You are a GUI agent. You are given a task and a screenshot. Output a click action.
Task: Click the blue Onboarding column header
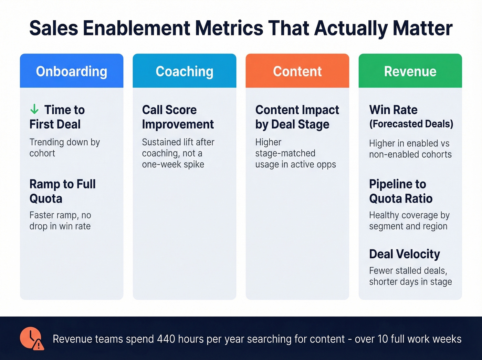click(72, 71)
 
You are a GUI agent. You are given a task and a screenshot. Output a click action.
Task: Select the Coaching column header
click(185, 71)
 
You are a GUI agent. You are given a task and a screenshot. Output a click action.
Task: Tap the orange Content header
click(297, 71)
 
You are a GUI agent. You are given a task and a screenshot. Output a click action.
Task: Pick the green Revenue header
click(410, 71)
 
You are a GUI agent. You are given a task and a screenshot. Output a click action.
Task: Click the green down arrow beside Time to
click(34, 110)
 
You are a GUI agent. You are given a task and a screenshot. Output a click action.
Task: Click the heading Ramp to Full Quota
click(62, 191)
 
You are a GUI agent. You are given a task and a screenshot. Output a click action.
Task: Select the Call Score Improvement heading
click(178, 117)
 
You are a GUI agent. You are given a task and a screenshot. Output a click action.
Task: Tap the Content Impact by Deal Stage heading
click(297, 117)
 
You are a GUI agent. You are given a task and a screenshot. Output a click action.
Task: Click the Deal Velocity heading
click(405, 254)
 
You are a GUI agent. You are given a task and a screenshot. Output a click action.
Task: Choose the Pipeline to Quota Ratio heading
click(401, 191)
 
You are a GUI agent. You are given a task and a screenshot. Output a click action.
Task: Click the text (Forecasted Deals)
click(411, 124)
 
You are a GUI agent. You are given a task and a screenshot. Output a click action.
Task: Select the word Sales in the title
click(54, 28)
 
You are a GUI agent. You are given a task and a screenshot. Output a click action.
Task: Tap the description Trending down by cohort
click(64, 147)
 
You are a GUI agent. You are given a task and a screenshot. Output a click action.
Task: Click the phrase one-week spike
click(173, 164)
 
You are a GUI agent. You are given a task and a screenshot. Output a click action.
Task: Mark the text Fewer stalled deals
click(408, 270)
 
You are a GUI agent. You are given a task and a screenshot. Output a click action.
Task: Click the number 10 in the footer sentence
click(383, 339)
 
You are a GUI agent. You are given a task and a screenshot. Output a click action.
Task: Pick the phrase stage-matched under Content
click(285, 153)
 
